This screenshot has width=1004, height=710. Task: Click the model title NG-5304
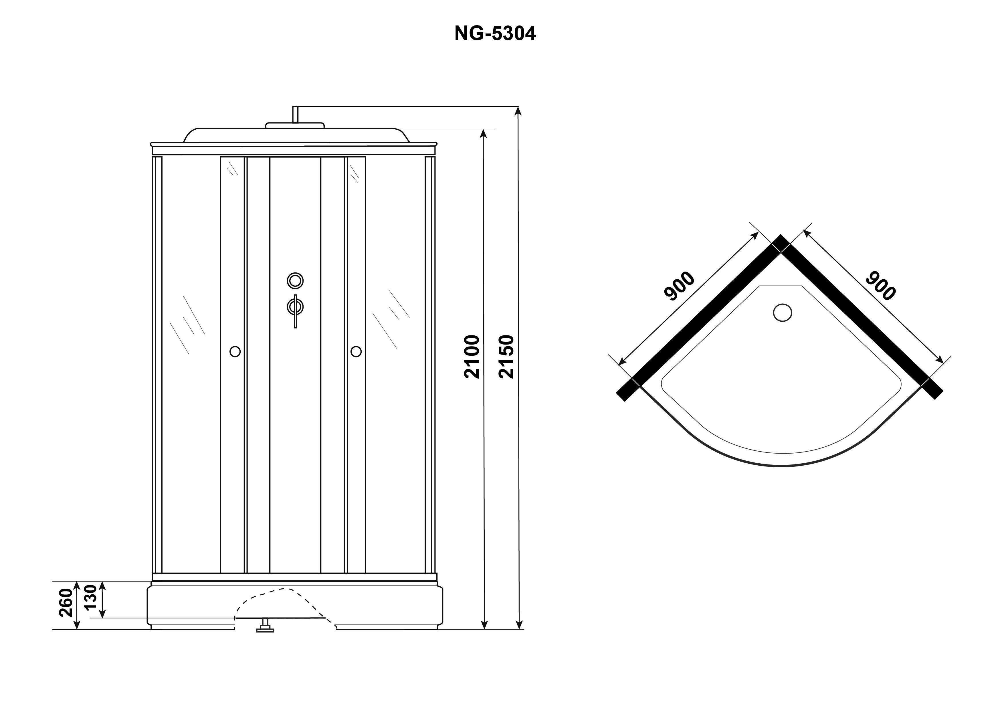[495, 33]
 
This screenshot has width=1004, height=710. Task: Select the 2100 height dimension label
[472, 357]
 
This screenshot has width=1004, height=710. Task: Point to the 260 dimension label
[66, 603]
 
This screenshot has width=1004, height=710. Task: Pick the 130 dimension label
[90, 597]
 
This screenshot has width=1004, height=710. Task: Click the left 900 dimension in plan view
[679, 286]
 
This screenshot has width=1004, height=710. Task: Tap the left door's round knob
[235, 351]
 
